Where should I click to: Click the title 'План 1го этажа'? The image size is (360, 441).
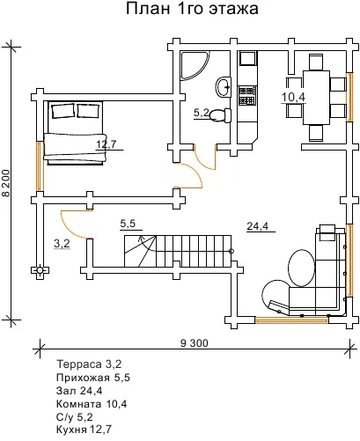[x=192, y=9]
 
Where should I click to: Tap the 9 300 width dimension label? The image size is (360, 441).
[x=194, y=342]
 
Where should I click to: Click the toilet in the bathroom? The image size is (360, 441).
[x=220, y=115]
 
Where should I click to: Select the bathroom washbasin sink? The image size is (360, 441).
[x=224, y=87]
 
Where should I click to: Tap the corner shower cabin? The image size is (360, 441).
[x=195, y=66]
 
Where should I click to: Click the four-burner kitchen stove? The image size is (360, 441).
[x=246, y=95]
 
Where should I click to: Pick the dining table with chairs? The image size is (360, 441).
[x=315, y=97]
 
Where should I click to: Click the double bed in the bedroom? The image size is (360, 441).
[x=74, y=133]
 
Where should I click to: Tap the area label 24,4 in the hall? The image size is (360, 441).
[x=258, y=226]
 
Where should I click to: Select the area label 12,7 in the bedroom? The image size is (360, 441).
[x=107, y=144]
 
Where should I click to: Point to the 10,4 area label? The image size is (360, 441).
[x=294, y=97]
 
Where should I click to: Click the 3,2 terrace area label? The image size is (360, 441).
[x=62, y=243]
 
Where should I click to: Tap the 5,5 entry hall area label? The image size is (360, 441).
[x=128, y=224]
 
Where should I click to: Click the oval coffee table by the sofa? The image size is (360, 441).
[x=302, y=268]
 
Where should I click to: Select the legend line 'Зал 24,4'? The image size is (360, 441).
[x=79, y=391]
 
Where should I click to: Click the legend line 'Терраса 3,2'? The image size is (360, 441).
[x=89, y=364]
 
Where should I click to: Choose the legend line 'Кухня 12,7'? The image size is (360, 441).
[x=84, y=430]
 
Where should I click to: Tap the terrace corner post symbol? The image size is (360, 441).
[x=40, y=270]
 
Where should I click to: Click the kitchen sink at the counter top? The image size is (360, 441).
[x=248, y=58]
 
